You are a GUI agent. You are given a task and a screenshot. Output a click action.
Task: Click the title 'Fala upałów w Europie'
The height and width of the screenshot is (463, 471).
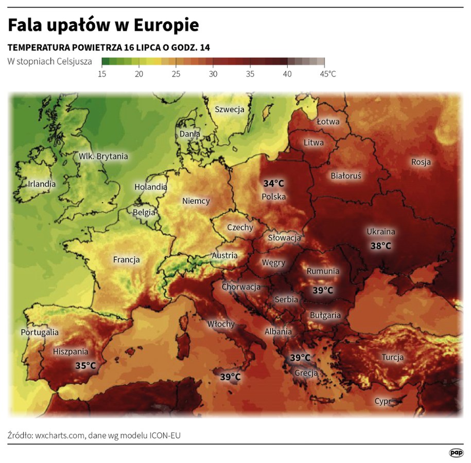[103, 25]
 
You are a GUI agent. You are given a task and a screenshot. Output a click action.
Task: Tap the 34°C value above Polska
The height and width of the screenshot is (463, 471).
[274, 184]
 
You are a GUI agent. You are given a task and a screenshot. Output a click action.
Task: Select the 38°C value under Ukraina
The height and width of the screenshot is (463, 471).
[381, 246]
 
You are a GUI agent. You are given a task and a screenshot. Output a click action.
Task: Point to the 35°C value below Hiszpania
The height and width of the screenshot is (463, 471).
[85, 366]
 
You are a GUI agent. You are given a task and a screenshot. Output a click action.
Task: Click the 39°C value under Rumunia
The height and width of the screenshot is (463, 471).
[323, 291]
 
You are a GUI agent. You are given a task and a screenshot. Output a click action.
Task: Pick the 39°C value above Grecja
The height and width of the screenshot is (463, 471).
[300, 358]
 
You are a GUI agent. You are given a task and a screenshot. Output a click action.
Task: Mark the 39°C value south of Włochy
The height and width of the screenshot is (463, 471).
[230, 377]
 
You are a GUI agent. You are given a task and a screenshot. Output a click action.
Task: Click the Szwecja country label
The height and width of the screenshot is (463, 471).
[229, 109]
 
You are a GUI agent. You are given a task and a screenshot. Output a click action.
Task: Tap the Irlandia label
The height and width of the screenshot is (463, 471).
[42, 183]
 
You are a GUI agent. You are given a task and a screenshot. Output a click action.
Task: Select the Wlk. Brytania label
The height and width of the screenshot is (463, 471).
[103, 156]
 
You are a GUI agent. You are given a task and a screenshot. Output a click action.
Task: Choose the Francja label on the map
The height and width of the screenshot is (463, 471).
[127, 260]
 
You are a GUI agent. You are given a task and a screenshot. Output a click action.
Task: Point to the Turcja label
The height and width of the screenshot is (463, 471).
[392, 357]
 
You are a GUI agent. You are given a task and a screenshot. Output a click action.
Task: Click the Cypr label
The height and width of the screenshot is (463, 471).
[382, 401]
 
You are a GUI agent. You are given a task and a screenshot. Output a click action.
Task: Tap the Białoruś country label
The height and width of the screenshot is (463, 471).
[346, 176]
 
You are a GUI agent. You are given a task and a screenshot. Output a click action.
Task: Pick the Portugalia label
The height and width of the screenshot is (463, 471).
[40, 332]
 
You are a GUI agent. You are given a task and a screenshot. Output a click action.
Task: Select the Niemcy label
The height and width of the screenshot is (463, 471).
[196, 201]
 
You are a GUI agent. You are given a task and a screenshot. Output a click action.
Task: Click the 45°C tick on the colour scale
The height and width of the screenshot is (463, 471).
[328, 74]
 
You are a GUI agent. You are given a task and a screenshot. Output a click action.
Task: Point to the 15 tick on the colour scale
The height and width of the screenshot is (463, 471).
[102, 74]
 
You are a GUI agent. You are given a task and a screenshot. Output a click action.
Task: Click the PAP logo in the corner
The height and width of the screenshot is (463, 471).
[456, 452]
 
